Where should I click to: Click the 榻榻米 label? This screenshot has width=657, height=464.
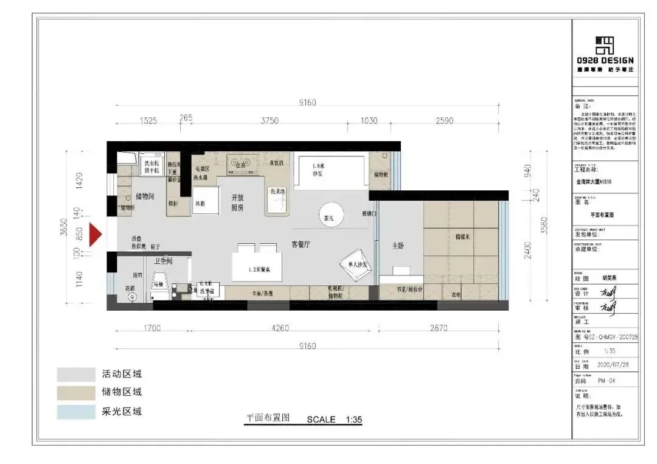(x=461, y=235)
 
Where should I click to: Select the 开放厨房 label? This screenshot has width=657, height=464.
(x=237, y=203)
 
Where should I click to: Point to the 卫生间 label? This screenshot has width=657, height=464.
(x=162, y=260)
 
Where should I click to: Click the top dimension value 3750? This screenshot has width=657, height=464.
(x=269, y=120)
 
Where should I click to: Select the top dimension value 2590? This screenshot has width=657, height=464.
(x=444, y=120)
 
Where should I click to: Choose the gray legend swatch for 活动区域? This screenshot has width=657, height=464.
(x=76, y=374)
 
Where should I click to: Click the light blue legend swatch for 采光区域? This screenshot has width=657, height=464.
(x=76, y=412)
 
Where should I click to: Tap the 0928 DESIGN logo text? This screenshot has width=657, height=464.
(x=605, y=60)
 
